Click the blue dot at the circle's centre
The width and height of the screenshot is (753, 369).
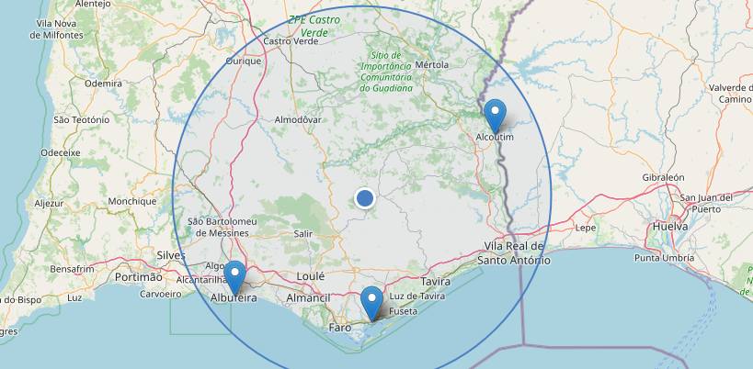(x=364, y=198)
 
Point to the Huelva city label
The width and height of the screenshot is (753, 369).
(x=669, y=225)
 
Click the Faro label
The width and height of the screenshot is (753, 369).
(x=340, y=327)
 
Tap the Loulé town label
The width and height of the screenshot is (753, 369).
(x=312, y=276)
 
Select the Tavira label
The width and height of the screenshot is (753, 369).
(x=435, y=281)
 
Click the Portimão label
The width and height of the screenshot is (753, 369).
(x=139, y=276)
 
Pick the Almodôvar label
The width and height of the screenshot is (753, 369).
(x=298, y=120)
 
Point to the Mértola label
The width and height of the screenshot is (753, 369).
(x=432, y=65)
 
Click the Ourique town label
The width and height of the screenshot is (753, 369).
(x=245, y=61)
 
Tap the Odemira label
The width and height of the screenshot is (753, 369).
(x=103, y=83)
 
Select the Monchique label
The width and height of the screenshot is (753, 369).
(x=132, y=201)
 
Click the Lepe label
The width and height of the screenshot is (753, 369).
(x=586, y=228)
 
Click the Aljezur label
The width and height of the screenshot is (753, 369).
(x=50, y=203)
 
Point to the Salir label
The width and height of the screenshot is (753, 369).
(x=302, y=234)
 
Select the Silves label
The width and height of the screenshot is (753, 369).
(x=171, y=254)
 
